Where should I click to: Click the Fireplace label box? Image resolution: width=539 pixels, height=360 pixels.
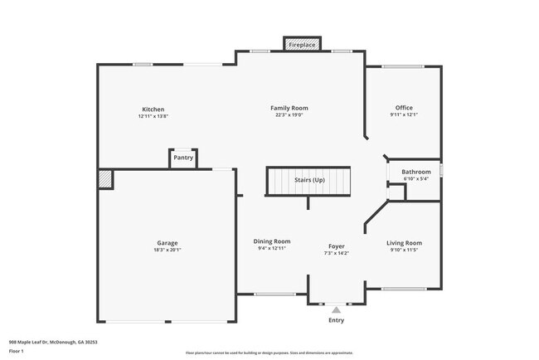301,45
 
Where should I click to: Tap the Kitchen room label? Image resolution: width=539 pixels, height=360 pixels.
153,109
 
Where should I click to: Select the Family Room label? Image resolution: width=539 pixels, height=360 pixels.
289,108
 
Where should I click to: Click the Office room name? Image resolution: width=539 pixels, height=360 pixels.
404,108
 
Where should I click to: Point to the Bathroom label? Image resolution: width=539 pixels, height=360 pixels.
415,172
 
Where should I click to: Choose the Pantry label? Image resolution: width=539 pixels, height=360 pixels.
182,158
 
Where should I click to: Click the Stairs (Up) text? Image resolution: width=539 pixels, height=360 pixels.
309,179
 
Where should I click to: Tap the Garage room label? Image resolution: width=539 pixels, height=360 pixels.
168,243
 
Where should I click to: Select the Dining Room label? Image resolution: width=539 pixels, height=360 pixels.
272,241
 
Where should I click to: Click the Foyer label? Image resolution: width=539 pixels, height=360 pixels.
336,246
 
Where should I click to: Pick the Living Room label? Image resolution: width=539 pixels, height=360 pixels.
405,243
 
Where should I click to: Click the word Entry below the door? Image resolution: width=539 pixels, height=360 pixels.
336,320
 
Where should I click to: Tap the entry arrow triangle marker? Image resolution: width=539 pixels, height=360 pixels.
336,309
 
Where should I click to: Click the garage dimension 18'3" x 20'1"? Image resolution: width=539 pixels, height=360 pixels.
168,250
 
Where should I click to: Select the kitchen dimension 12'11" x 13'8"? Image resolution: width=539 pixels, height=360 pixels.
153,116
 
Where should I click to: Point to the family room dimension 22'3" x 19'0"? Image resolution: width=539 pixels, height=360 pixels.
289,115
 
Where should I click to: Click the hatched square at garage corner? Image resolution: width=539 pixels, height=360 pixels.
105,178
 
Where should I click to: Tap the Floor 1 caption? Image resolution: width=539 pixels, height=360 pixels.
17,351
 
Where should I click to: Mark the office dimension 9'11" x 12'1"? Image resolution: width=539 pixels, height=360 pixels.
404,115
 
